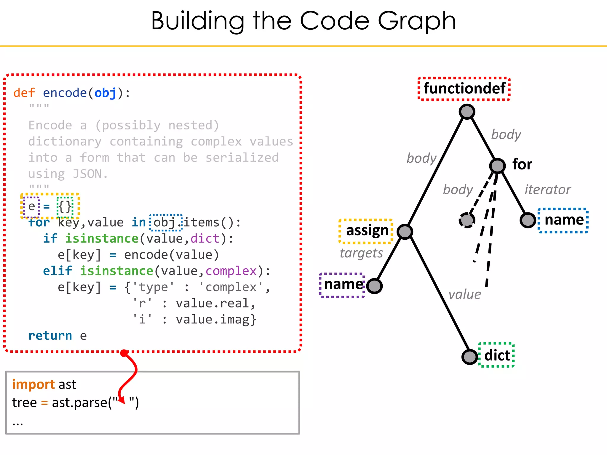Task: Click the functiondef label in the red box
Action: (x=464, y=89)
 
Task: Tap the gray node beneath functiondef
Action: (x=467, y=112)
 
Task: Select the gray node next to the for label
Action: (x=497, y=166)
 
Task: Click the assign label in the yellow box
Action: (x=367, y=230)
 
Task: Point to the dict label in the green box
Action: (x=497, y=355)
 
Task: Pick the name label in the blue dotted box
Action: (x=564, y=220)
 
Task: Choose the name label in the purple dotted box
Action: (x=343, y=285)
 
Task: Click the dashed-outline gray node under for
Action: (x=467, y=220)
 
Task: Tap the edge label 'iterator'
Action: (x=547, y=190)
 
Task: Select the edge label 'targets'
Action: (x=361, y=253)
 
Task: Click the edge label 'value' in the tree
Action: (x=464, y=294)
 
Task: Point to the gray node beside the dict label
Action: (x=470, y=356)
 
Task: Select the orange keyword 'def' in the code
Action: (x=24, y=93)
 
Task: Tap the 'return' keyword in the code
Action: (x=50, y=336)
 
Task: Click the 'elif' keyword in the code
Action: (x=57, y=271)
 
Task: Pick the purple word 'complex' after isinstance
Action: (x=231, y=271)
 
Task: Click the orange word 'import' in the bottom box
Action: (x=33, y=384)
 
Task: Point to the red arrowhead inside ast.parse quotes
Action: (x=122, y=400)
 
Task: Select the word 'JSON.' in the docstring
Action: (x=90, y=174)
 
